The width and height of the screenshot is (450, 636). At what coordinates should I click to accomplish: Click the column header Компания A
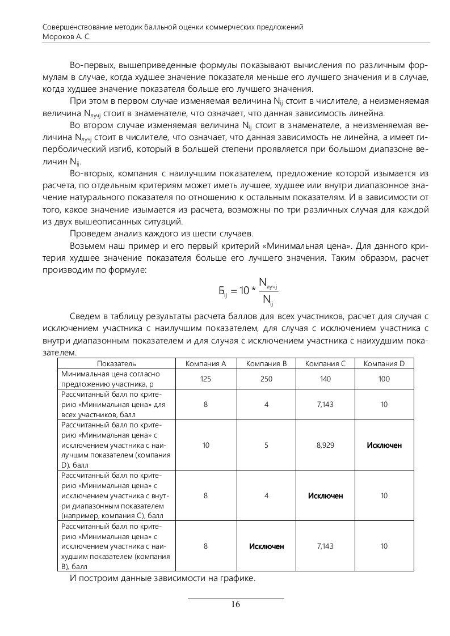coord(206,363)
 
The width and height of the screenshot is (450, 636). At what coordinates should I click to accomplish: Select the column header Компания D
coord(384,363)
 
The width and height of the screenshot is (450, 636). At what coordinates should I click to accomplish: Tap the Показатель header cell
coord(116,363)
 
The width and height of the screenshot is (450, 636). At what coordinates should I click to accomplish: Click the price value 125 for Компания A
coord(206,379)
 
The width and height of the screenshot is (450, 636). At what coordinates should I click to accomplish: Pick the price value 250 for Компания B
coord(266,379)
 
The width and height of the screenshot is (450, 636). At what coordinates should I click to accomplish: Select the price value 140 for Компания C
coord(325,379)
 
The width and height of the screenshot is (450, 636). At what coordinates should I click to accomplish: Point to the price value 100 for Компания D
coord(384,379)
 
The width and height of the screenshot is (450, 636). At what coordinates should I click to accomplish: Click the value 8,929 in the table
coord(325,445)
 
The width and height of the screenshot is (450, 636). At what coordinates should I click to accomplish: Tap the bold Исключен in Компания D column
coord(384,445)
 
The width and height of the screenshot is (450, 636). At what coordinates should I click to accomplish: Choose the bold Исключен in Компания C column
coord(325,495)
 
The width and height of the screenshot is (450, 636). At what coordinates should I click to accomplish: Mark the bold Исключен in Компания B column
coord(266,546)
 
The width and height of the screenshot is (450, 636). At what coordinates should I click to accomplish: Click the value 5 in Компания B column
coord(266,445)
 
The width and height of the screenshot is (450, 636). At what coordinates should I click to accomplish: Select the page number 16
coord(235,604)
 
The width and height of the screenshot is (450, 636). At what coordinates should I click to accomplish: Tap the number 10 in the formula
coord(244,291)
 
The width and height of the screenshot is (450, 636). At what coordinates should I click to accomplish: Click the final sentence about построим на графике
coord(162,579)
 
